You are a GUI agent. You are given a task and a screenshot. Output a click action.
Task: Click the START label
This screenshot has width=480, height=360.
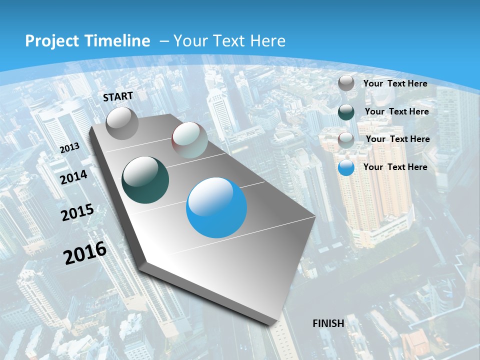(118, 96)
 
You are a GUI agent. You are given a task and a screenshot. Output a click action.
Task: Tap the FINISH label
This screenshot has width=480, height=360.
(328, 323)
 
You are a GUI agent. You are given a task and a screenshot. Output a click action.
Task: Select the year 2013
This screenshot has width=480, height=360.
(69, 148)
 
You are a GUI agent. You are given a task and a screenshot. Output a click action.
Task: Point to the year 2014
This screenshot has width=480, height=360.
(74, 177)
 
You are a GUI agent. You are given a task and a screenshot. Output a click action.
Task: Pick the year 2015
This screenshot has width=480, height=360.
(77, 212)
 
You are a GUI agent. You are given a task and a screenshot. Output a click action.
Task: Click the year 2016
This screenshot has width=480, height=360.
(85, 253)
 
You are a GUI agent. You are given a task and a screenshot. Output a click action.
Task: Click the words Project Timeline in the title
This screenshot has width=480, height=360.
(87, 41)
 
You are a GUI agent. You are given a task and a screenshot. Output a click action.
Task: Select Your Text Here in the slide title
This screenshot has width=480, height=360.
(229, 41)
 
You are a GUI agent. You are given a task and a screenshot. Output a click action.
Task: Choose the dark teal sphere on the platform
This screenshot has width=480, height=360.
(145, 180)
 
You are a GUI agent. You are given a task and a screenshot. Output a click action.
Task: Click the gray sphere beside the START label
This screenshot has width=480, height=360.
(122, 123)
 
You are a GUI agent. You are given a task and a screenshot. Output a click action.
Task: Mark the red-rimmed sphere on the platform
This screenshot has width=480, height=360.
(189, 140)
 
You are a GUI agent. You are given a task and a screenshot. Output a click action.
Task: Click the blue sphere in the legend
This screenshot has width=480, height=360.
(346, 167)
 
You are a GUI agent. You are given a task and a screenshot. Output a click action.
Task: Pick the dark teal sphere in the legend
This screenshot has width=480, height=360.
(346, 112)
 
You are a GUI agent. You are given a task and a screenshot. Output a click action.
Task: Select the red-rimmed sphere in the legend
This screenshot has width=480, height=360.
(346, 139)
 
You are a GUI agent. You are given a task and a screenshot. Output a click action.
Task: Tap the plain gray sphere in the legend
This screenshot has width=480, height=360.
(346, 83)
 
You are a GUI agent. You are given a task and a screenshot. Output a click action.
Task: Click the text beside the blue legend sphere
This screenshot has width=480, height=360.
(395, 167)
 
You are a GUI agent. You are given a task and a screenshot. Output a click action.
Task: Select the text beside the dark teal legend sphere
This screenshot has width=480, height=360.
(397, 111)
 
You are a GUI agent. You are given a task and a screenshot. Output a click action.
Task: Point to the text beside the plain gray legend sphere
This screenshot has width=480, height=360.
(395, 83)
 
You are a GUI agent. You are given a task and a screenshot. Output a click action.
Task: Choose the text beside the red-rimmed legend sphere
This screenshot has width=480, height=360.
(398, 139)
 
